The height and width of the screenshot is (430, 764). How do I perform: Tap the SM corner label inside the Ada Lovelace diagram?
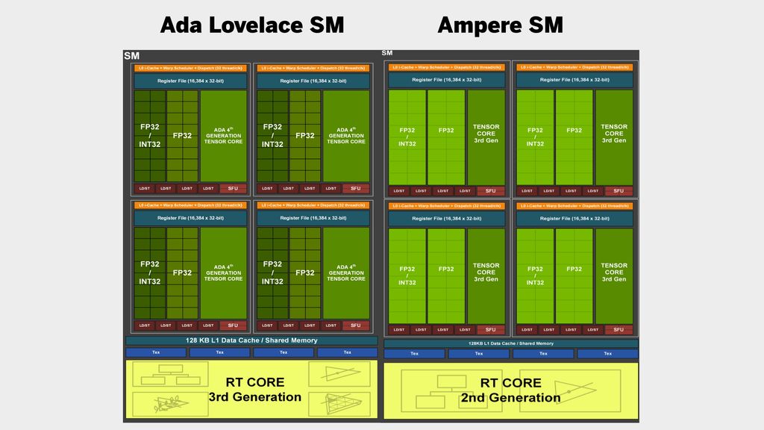tap(131, 55)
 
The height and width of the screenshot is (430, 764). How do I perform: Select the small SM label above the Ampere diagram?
tap(386, 52)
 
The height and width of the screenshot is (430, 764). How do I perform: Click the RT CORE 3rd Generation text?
tap(254, 390)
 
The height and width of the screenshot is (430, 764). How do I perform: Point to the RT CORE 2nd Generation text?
tap(510, 390)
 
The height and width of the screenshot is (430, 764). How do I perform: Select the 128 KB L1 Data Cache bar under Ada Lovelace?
tap(251, 340)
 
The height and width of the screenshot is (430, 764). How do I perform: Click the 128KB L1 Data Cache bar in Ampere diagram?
tap(511, 343)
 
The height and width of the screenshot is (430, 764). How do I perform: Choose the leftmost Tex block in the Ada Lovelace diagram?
tap(155, 352)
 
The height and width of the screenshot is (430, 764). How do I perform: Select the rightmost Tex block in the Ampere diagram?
tap(607, 354)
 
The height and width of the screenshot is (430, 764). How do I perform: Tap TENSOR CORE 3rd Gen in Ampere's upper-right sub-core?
tap(614, 134)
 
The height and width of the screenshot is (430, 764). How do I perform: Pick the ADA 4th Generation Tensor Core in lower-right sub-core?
tap(346, 272)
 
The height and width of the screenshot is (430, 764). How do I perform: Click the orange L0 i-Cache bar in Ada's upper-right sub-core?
tap(313, 68)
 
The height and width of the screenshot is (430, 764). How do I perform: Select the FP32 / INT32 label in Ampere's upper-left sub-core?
tap(407, 137)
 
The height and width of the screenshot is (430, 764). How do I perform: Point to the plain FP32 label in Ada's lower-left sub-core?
tap(183, 273)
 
